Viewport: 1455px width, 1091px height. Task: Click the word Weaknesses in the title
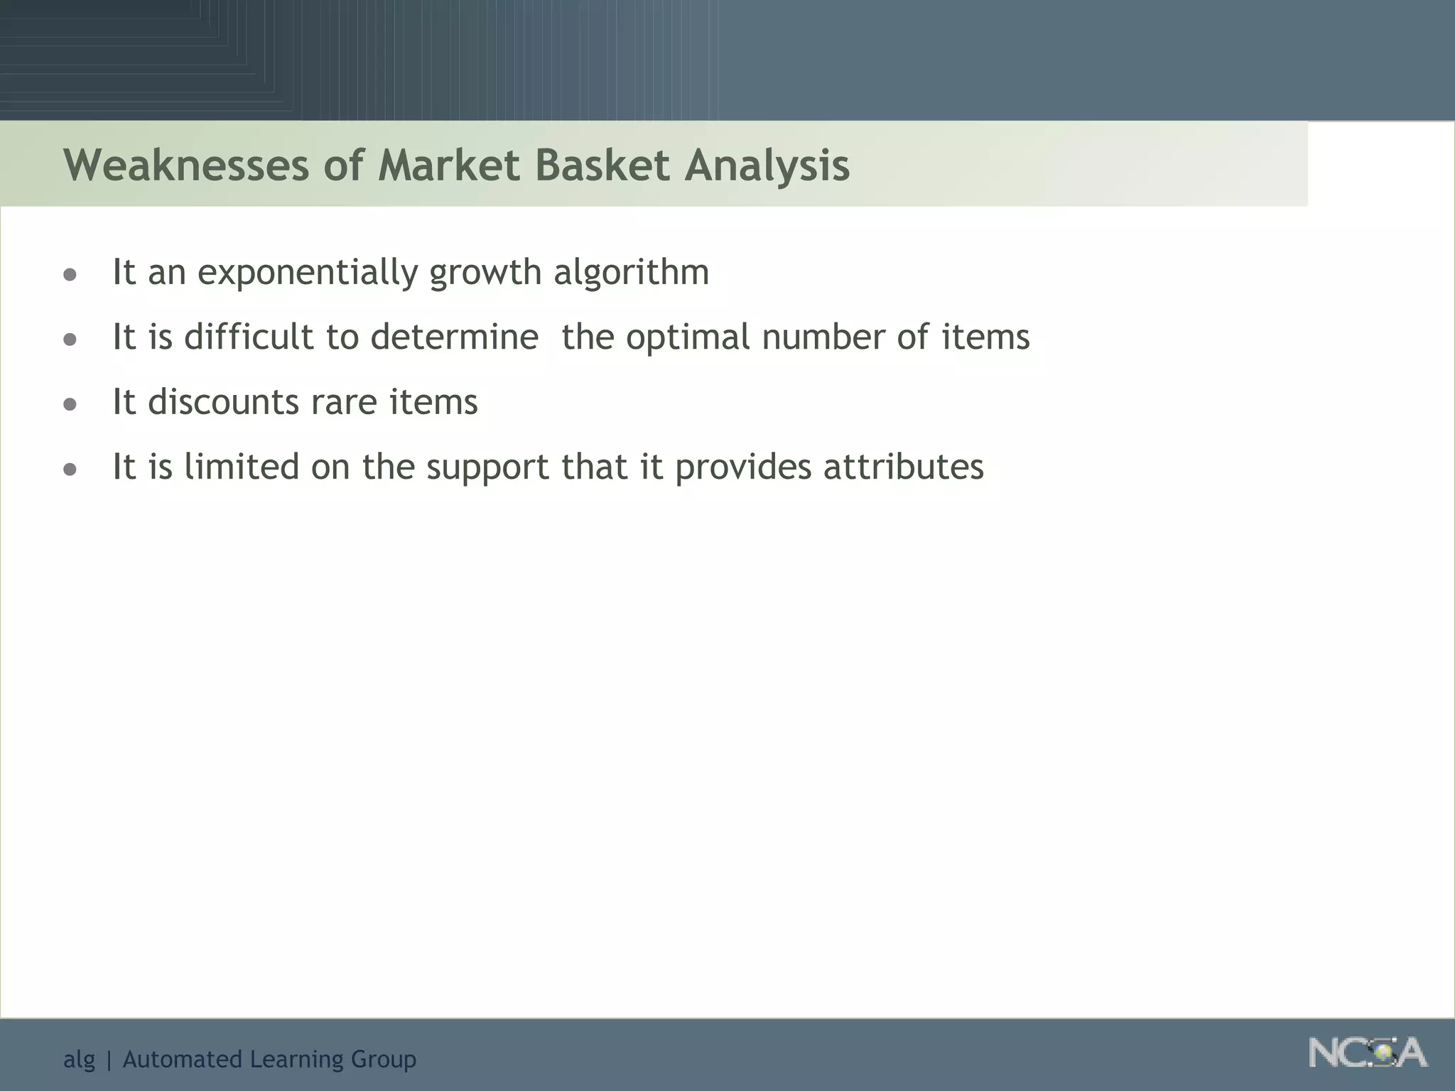point(186,165)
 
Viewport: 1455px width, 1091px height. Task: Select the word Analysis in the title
point(767,165)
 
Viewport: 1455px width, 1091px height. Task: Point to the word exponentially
point(308,273)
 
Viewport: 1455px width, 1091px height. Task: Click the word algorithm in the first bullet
point(631,272)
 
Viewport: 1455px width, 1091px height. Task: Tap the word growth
point(485,273)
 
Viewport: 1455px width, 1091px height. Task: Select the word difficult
point(249,337)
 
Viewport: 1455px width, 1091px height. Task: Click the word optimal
point(688,338)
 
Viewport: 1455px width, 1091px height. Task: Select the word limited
point(242,467)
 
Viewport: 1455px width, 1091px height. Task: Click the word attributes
point(904,467)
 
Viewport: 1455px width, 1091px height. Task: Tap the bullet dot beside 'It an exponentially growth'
point(70,275)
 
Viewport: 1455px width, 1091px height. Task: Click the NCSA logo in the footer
point(1368,1053)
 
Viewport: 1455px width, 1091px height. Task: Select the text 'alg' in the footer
point(79,1060)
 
